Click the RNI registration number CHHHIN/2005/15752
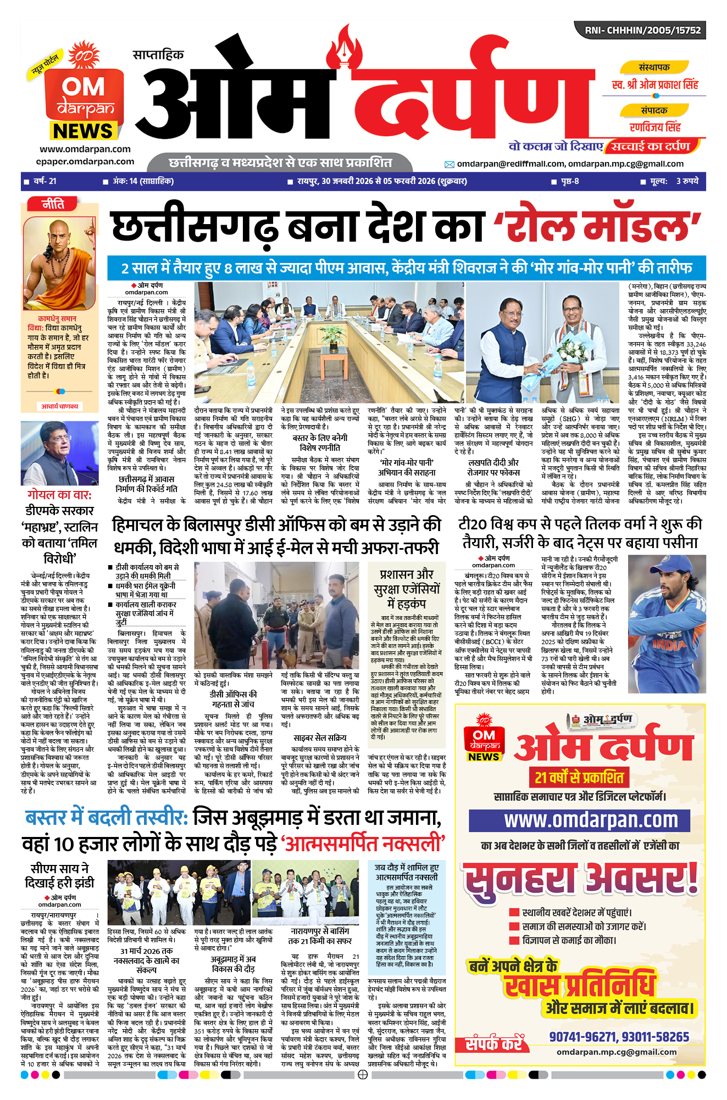[x=642, y=31]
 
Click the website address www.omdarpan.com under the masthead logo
[x=85, y=149]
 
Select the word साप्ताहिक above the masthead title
[x=158, y=55]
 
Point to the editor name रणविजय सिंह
[x=655, y=127]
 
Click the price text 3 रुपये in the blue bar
[x=687, y=181]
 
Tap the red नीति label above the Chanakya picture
[x=53, y=204]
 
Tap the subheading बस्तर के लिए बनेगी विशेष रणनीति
[x=320, y=443]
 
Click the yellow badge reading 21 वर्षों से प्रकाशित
[x=579, y=777]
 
